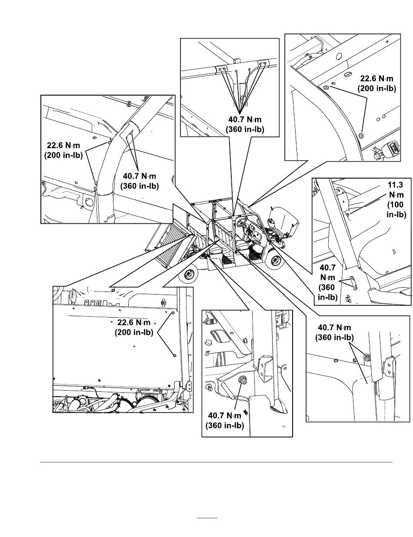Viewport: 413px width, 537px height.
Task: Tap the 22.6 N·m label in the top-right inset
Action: click(376, 83)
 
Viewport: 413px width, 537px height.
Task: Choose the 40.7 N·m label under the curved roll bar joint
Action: click(139, 181)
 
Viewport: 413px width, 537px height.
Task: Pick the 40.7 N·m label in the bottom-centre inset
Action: click(224, 421)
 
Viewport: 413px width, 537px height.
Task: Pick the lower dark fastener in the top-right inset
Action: click(361, 136)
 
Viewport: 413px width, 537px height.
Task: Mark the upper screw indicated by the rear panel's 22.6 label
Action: click(173, 312)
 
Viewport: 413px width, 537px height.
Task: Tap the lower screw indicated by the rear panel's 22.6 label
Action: click(174, 355)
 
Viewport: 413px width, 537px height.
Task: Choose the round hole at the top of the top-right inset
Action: click(339, 55)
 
